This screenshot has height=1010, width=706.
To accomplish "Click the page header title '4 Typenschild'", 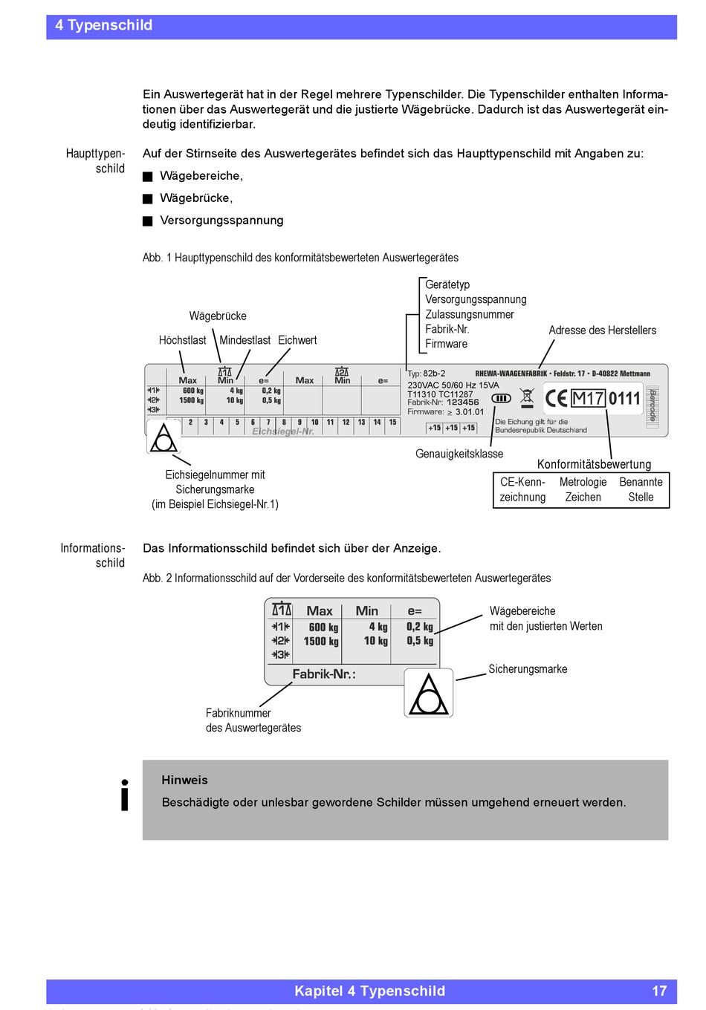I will (x=103, y=25).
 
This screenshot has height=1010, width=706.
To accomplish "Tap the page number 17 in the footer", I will (x=659, y=991).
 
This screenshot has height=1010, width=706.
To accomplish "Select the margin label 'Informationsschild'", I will (x=93, y=555).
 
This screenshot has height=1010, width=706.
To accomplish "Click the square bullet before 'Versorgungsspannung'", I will (x=148, y=221).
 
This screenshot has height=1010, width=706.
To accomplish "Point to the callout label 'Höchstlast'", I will (x=182, y=340).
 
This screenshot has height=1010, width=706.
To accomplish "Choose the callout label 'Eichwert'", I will (x=297, y=340).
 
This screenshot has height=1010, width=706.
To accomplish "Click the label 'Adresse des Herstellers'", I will (x=602, y=330).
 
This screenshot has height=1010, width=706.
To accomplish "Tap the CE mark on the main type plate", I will (x=556, y=399).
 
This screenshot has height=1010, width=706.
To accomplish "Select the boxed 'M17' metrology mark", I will (x=588, y=399).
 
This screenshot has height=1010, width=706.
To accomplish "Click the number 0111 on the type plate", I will (x=624, y=399).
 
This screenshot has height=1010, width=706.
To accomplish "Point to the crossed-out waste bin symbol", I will (x=527, y=397).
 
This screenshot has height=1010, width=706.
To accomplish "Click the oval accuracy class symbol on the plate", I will (x=501, y=398).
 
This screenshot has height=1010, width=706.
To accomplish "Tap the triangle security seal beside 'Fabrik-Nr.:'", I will (x=429, y=693).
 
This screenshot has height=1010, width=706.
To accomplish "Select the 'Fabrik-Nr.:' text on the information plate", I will (x=323, y=674).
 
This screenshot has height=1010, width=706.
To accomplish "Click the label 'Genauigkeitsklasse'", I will (x=459, y=454).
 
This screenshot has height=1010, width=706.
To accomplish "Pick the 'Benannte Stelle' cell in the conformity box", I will (x=641, y=489).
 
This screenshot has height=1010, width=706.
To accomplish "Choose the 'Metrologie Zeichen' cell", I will (x=583, y=489).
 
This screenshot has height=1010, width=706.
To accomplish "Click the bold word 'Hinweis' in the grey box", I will (x=184, y=780).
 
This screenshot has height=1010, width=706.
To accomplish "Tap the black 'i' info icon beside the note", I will (x=125, y=795).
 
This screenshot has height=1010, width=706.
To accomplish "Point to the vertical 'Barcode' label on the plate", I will (x=652, y=405).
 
